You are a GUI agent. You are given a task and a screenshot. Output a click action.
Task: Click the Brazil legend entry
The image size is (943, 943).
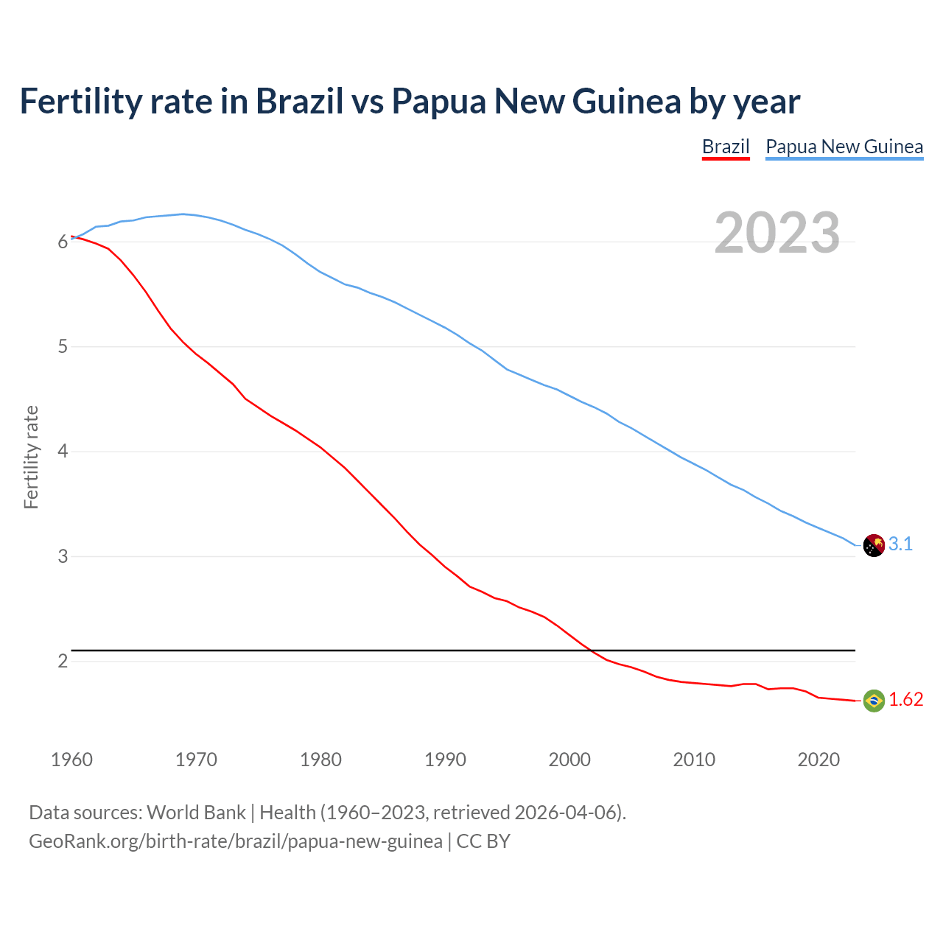tap(725, 147)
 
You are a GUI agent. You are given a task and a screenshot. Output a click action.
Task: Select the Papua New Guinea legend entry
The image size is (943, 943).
tap(844, 147)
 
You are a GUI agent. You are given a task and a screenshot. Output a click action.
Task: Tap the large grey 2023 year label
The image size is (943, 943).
tap(777, 233)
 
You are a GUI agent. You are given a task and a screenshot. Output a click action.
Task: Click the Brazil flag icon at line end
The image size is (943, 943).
tap(873, 700)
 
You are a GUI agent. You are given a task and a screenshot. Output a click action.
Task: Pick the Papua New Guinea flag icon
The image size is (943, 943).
tap(873, 545)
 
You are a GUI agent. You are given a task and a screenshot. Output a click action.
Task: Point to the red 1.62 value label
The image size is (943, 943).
tap(905, 700)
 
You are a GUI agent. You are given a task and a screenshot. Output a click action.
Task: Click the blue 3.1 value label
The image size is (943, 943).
tap(900, 544)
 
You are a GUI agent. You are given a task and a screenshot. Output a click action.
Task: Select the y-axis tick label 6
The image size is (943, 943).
tap(63, 242)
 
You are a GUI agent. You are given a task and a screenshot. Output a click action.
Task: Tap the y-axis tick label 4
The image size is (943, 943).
tap(63, 451)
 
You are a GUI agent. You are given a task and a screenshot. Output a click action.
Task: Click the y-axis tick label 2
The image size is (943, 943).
tap(63, 661)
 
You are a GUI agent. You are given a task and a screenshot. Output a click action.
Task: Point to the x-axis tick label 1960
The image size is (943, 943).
tap(71, 760)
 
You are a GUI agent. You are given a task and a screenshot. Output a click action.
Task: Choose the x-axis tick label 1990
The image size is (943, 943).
tap(445, 760)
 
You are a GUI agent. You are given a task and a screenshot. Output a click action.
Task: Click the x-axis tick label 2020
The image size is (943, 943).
tap(818, 760)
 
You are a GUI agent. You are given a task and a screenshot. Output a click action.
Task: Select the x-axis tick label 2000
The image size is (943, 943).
tap(569, 760)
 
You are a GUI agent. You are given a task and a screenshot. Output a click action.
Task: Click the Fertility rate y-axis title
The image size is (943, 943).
tap(31, 457)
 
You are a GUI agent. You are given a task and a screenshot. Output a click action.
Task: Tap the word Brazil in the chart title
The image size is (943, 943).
tap(299, 101)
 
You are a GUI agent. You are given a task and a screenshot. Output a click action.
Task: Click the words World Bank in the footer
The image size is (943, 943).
tap(196, 813)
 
